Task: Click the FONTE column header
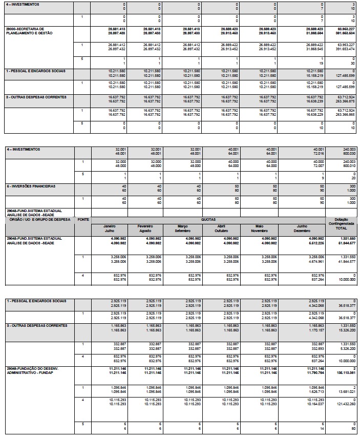tap(82, 219)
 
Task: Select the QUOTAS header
tap(213, 219)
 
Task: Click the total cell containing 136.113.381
tap(345, 373)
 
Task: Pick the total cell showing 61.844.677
tap(346, 243)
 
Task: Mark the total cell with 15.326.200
tap(346, 330)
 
